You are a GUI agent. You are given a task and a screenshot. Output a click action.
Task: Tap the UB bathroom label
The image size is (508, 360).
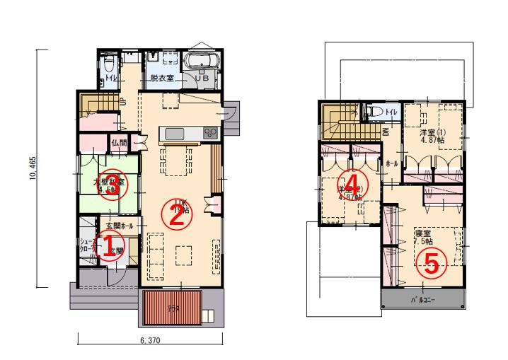click(202, 79)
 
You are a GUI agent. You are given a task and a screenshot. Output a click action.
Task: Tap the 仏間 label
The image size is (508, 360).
click(119, 143)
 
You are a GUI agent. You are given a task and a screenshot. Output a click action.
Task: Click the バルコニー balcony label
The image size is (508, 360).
click(422, 300)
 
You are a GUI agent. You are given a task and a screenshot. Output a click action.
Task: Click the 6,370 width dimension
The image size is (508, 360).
click(152, 341)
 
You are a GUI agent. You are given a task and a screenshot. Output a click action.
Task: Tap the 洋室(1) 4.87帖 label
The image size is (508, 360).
click(432, 137)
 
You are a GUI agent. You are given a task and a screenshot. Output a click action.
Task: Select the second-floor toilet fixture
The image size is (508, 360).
click(376, 113)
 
